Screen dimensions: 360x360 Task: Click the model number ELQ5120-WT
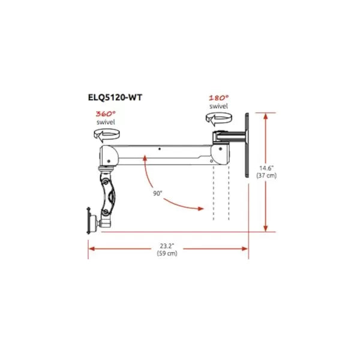pos(115,97)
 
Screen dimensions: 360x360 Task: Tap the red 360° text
pos(106,113)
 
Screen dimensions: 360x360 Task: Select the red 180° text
pos(218,98)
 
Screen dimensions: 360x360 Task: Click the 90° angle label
pos(157,193)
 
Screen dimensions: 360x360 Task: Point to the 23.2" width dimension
pos(167,246)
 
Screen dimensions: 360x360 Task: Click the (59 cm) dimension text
pos(167,253)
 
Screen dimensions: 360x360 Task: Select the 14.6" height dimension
pos(266,168)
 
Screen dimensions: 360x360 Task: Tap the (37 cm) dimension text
pos(266,175)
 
